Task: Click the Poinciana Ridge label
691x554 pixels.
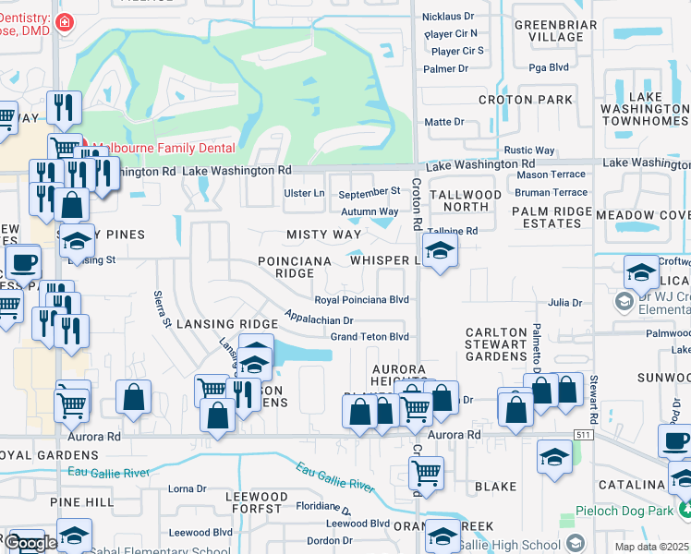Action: (295, 267)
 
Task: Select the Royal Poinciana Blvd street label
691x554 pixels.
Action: (361, 300)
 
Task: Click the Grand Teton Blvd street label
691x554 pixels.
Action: (370, 337)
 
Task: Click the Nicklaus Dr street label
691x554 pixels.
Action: (448, 17)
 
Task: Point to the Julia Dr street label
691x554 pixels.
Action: (564, 303)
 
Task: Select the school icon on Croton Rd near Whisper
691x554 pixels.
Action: (440, 249)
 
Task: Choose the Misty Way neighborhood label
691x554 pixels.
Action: (323, 235)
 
